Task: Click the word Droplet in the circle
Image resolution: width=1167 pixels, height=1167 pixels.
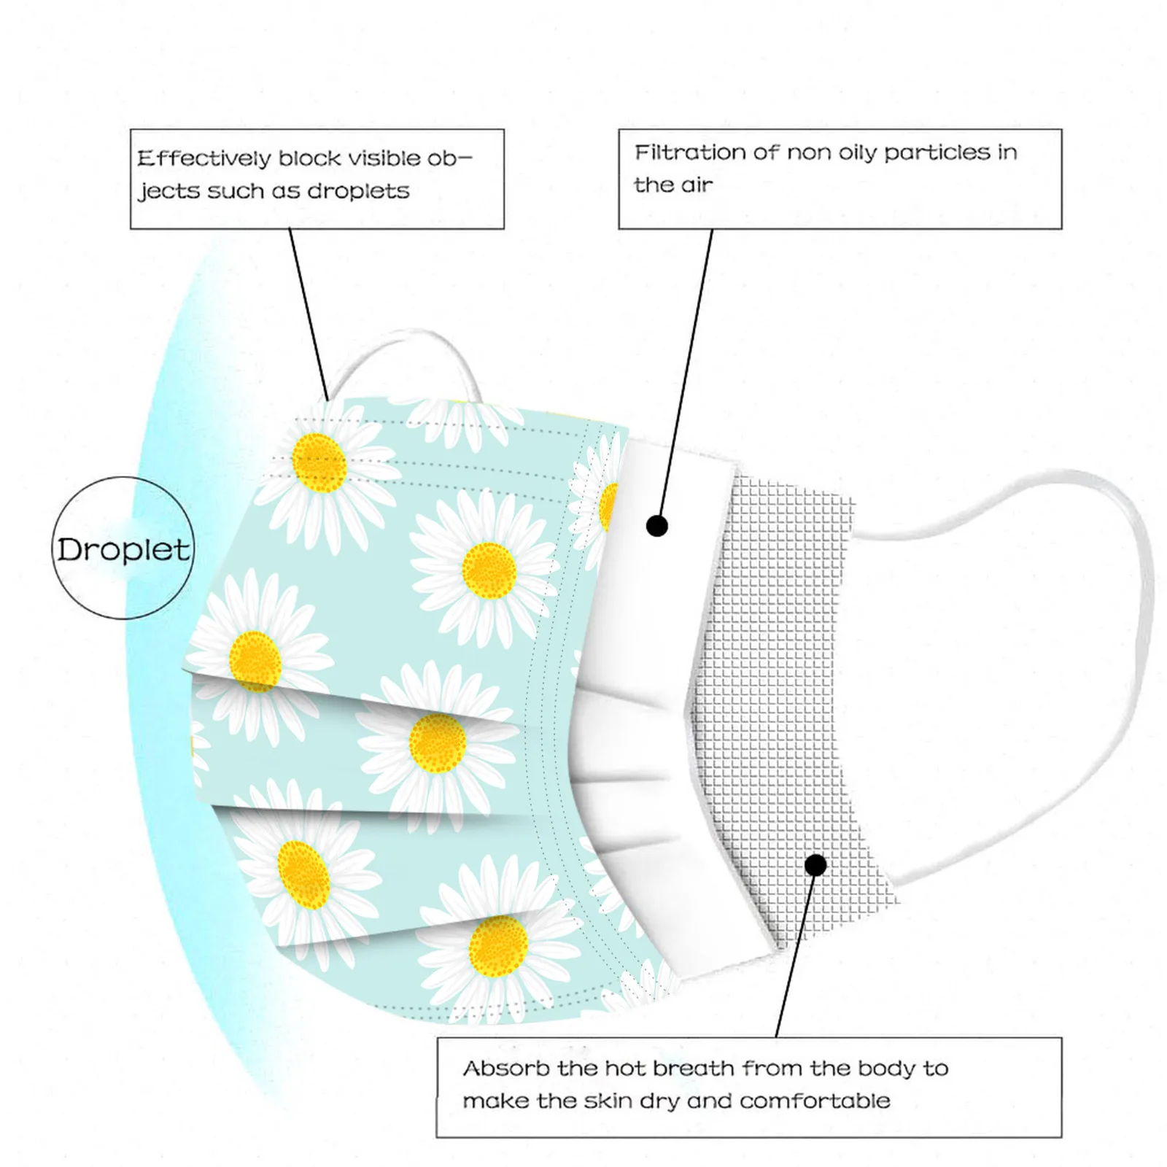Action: (123, 550)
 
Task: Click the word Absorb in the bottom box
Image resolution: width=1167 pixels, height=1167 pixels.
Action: (506, 1069)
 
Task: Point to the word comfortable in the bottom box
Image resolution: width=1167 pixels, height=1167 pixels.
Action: (815, 1101)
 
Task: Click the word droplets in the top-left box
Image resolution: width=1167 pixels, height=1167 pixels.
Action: (358, 191)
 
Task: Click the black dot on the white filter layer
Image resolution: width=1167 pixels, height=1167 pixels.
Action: (657, 526)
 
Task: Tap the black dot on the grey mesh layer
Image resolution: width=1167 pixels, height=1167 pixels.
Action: (815, 865)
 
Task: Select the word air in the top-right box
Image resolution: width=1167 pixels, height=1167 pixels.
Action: (697, 185)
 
